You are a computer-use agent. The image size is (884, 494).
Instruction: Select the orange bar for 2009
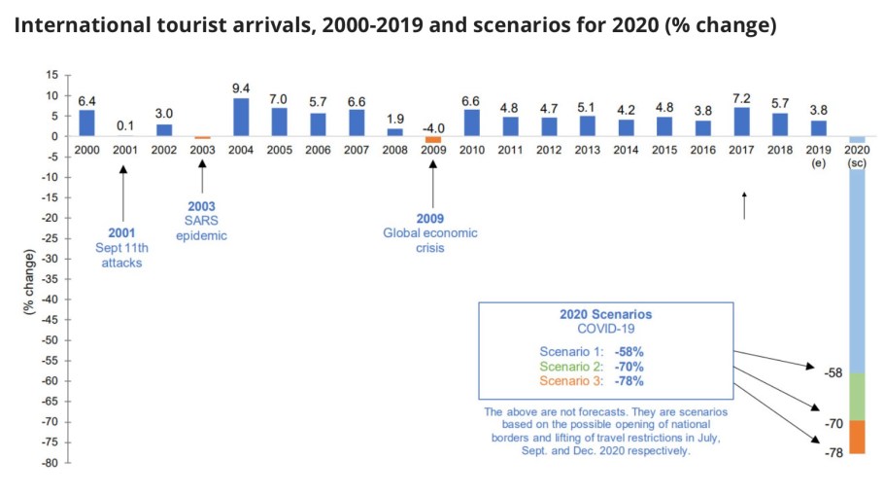pos(433,140)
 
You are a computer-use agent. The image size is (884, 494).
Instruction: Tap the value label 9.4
pos(241,88)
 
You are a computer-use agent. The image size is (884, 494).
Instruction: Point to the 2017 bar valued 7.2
pos(742,121)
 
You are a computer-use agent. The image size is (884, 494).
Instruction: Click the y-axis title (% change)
pos(29,283)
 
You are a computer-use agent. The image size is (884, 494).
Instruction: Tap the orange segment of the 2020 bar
pos(856,437)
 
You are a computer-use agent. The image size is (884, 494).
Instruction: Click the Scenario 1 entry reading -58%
pos(604,350)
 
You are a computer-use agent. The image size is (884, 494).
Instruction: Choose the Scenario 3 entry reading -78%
pos(604,381)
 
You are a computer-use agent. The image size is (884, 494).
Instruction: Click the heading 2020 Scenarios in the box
pos(605,315)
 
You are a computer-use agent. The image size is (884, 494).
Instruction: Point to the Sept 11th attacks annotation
pos(122,248)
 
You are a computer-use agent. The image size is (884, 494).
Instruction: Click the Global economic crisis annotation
pos(431,233)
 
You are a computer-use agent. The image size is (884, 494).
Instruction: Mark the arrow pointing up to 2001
pos(123,195)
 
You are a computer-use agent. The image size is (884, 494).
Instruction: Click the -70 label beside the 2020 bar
pos(833,423)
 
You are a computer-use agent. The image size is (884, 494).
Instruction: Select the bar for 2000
pos(86,123)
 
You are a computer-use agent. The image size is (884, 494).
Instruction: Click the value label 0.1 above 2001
pos(124,125)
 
